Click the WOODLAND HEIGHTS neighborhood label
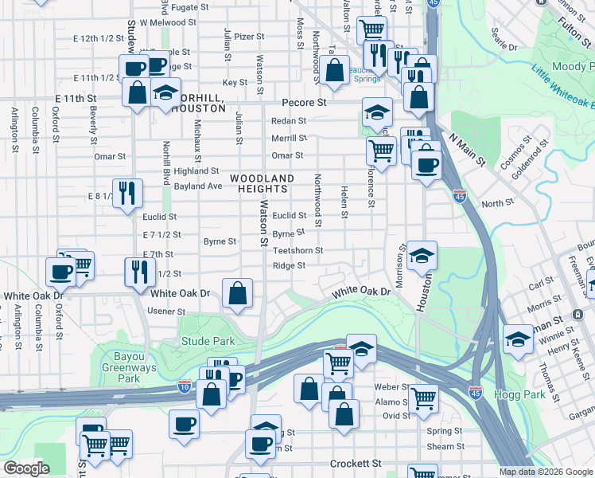262,183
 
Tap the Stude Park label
207,341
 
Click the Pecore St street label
305,103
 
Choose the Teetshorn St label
297,250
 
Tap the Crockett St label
356,463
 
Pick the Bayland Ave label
198,186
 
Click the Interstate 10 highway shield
185,386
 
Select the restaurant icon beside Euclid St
127,193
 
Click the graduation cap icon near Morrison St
422,256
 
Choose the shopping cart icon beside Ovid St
423,396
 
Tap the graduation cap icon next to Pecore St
377,112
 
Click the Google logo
27,468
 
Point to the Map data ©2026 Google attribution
545,472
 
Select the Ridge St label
290,266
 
